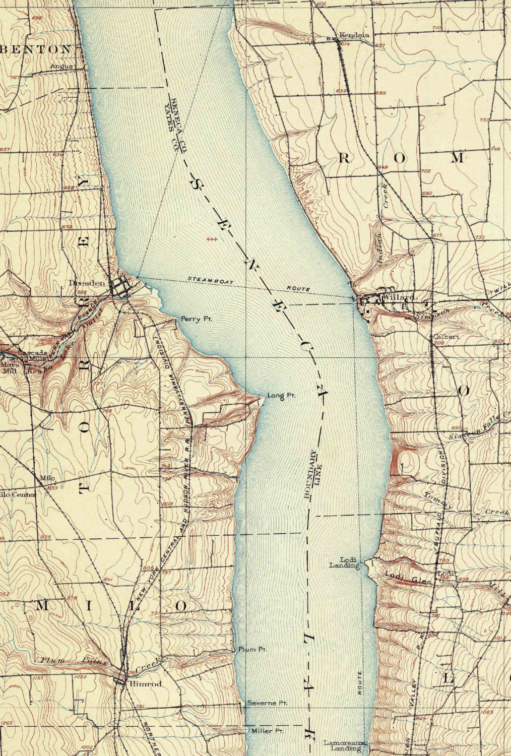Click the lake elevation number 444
click(x=212, y=239)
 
